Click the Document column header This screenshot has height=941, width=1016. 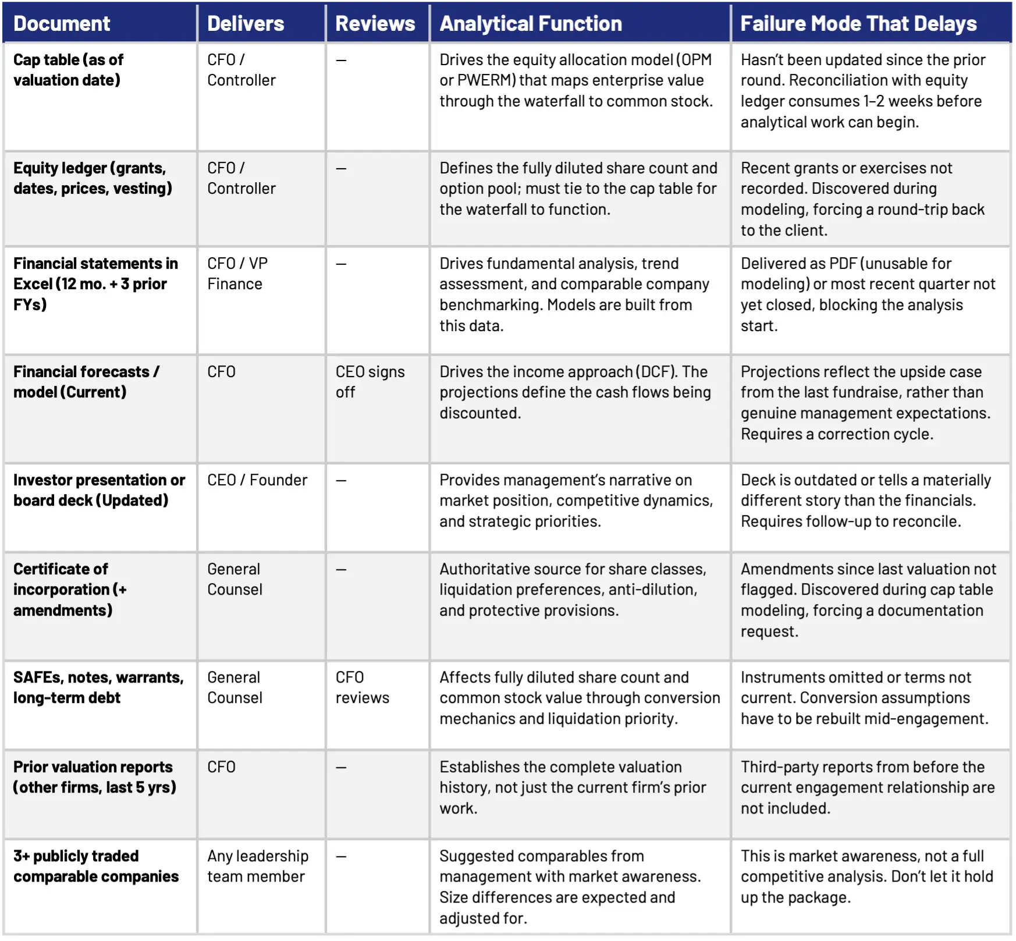point(62,24)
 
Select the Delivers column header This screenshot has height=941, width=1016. point(246,24)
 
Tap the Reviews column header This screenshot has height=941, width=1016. point(375,24)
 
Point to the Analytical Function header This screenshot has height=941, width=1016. point(531,24)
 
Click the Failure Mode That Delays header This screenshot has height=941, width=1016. point(858,24)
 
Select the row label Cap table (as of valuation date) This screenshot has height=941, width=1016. point(68,70)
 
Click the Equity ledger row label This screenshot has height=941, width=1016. point(93,178)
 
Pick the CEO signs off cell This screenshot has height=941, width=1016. point(370,382)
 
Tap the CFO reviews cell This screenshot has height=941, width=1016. point(362,687)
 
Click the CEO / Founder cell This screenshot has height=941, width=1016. point(257,480)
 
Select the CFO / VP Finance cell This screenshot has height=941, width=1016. point(237,274)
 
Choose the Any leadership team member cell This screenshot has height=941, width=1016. point(258,866)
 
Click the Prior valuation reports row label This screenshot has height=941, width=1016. point(94,777)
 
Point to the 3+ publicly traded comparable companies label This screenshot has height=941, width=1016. point(96,866)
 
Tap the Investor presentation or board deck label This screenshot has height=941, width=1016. point(99,490)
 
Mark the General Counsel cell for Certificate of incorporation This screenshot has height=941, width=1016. point(235,579)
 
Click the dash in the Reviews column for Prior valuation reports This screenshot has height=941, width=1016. point(341,768)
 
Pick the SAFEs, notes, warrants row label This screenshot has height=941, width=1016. point(98,687)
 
